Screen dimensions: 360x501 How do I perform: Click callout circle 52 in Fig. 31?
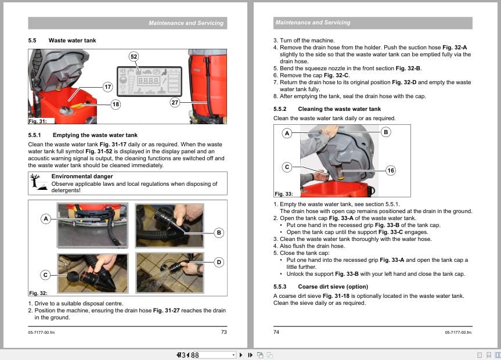[x=134, y=56]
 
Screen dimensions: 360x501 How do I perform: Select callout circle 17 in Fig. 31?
[x=107, y=87]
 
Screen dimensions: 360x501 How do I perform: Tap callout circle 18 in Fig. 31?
[x=116, y=104]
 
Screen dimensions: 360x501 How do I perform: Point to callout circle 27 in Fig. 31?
[x=175, y=102]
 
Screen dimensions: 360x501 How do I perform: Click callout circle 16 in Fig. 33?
[x=391, y=170]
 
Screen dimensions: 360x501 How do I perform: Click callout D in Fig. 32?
[x=219, y=262]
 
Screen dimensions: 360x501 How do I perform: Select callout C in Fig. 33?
[x=286, y=167]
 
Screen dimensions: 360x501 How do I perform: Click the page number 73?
[x=224, y=332]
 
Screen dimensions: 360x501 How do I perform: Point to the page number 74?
[x=276, y=332]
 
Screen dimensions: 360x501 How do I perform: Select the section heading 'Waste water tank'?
[x=73, y=41]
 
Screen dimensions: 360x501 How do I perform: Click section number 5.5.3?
[x=280, y=286]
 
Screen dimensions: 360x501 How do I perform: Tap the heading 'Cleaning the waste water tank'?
[x=339, y=109]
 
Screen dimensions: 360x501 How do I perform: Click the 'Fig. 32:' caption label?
[x=38, y=293]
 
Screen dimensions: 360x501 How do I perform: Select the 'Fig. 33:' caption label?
[x=283, y=194]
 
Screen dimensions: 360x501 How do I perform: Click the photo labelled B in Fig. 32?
[x=169, y=226]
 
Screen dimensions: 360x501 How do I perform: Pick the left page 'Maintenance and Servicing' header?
[x=186, y=23]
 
